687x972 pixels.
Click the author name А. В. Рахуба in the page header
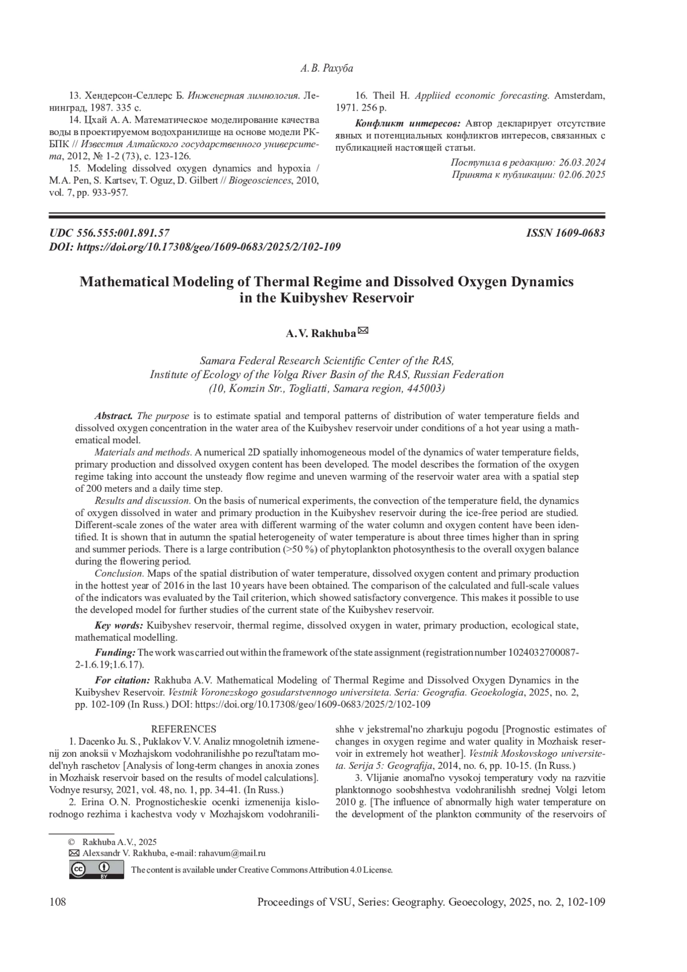(x=326, y=69)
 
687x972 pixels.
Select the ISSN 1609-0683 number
(x=566, y=233)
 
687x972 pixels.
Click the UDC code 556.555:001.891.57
(x=123, y=233)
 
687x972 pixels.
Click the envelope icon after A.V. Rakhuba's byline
(x=362, y=330)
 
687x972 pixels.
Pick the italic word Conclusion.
(x=119, y=573)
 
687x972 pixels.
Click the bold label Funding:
(x=115, y=653)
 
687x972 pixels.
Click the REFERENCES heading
(x=183, y=729)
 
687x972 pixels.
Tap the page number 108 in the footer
(x=58, y=903)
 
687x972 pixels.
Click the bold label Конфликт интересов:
(x=408, y=124)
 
